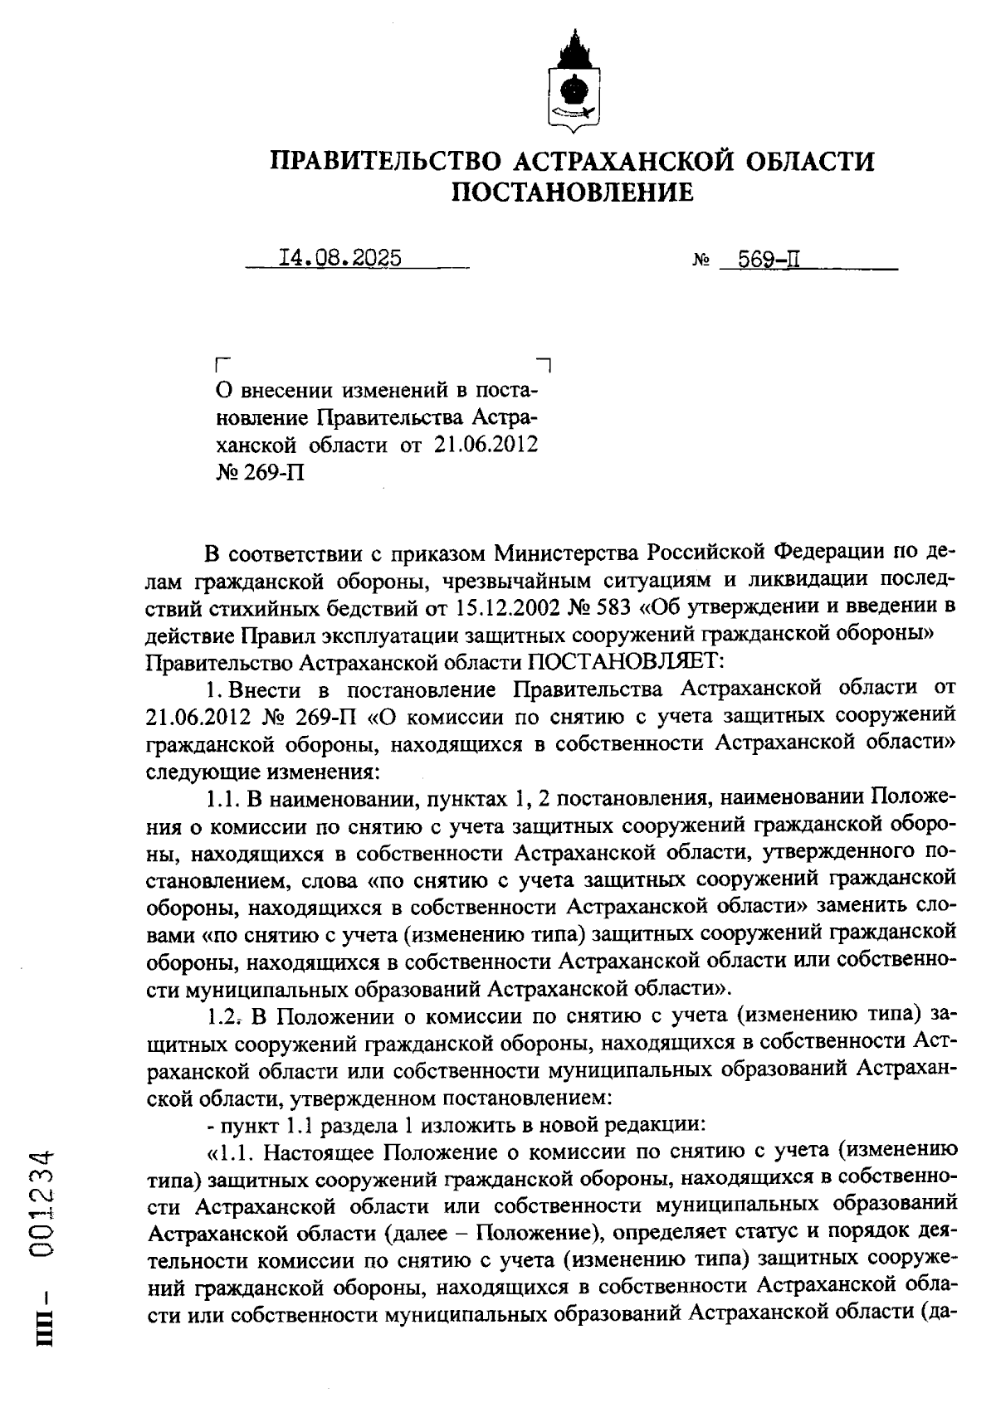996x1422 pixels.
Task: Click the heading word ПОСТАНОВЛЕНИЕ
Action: click(572, 192)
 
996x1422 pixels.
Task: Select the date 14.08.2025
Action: click(340, 259)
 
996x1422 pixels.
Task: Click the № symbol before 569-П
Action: click(700, 262)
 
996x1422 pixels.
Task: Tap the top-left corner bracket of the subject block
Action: click(221, 363)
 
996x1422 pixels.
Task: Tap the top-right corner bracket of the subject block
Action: click(544, 363)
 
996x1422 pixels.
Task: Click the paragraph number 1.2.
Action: click(222, 1016)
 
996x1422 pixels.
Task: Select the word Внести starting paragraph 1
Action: click(264, 689)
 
